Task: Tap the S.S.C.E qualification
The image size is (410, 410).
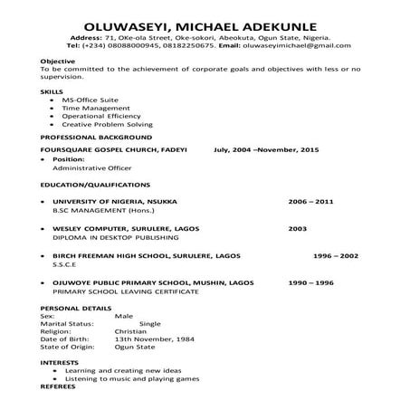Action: tap(65, 265)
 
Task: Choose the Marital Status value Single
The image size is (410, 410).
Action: tap(149, 324)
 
